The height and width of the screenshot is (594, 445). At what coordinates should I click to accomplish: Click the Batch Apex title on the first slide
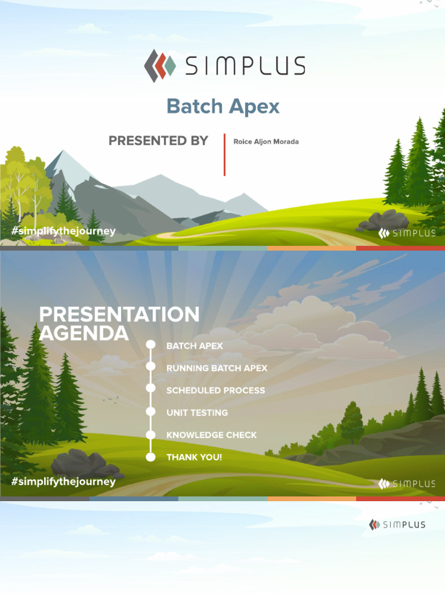pos(223,107)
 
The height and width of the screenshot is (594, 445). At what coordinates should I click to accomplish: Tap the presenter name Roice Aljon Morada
pos(266,142)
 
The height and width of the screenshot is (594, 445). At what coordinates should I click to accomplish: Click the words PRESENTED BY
pos(158,140)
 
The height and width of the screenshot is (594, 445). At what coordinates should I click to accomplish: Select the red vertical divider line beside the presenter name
pos(224,154)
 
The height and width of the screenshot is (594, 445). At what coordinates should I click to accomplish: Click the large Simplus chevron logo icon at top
pos(160,66)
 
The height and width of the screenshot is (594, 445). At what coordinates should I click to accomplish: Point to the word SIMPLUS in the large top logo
pos(245,66)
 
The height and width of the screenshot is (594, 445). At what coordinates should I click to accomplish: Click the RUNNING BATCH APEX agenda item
pos(217,368)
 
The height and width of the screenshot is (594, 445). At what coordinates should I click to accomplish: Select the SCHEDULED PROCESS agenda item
pos(216,390)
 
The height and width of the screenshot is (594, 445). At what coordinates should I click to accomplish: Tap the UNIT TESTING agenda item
pos(197,413)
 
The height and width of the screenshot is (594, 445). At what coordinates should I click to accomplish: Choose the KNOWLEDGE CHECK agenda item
pos(211,435)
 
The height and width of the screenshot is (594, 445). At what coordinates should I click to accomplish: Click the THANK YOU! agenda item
pos(194,457)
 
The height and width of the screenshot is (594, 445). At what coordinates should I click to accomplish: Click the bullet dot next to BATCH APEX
pos(151,345)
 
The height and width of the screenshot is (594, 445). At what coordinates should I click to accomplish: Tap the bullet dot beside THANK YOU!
pos(151,457)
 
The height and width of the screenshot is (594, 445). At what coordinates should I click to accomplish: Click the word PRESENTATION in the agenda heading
pos(119,314)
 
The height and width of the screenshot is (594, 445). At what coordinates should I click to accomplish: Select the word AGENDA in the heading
pos(84,334)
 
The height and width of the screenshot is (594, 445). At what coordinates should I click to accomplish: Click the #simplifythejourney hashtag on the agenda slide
pos(64,481)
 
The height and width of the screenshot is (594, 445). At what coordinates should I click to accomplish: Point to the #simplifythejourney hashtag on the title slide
pos(64,231)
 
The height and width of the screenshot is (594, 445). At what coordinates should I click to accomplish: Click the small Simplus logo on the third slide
pos(397,524)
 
